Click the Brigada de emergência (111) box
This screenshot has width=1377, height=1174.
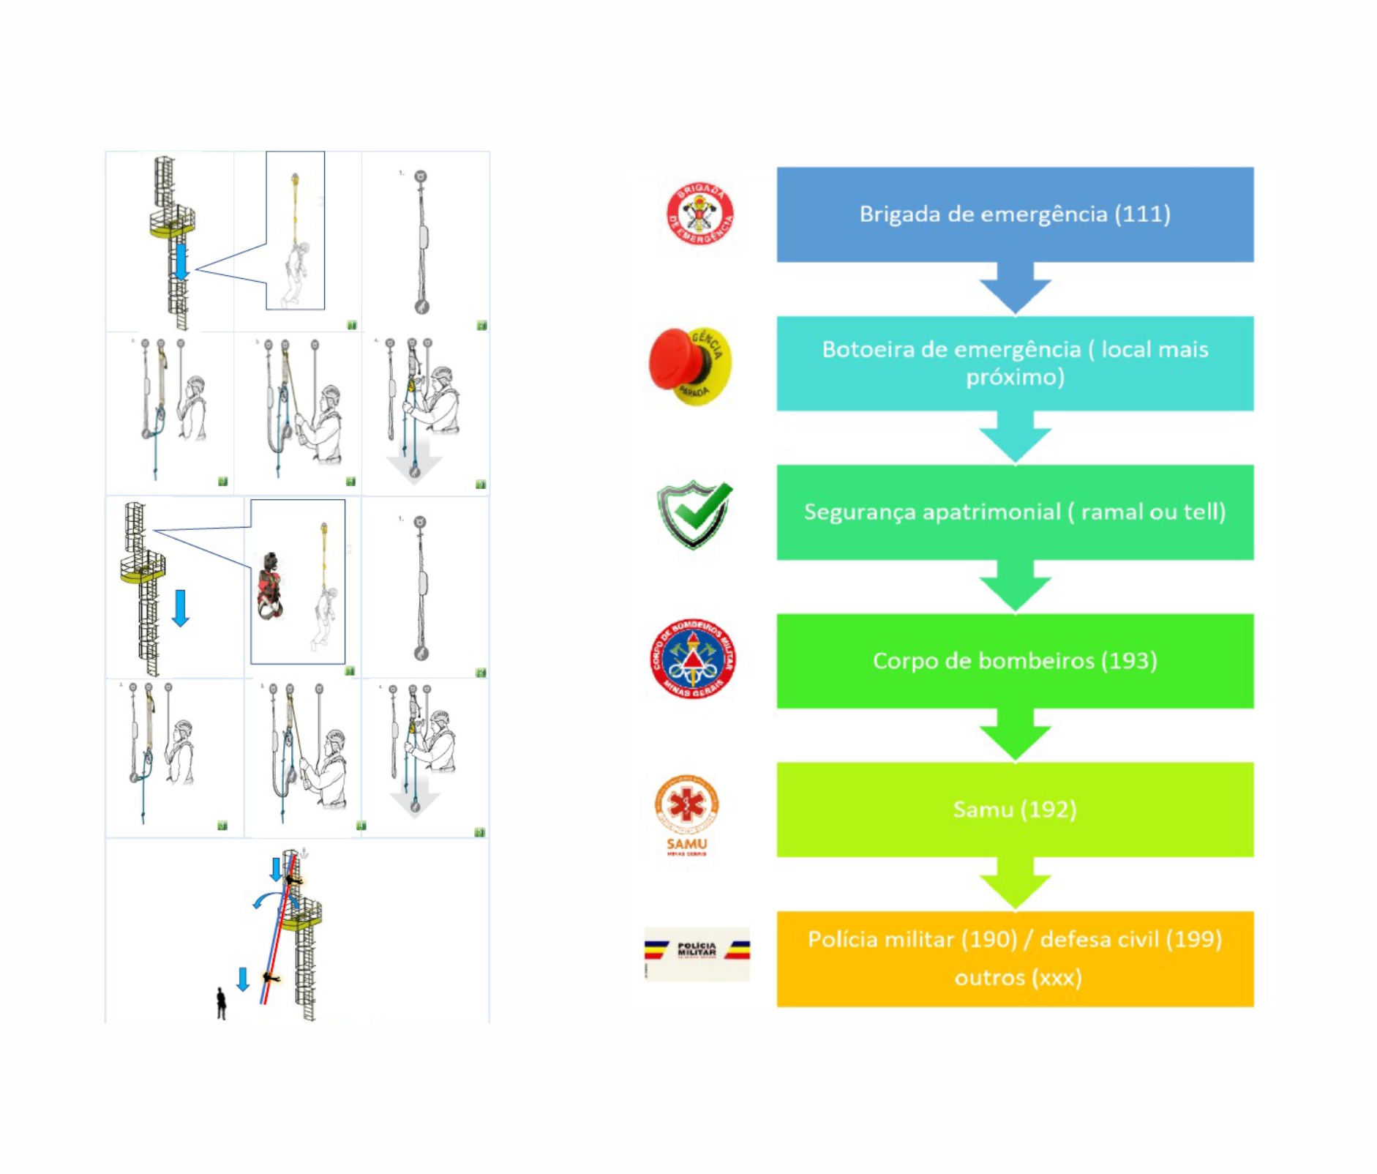[1014, 214]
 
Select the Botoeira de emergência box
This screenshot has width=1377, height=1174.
[1014, 363]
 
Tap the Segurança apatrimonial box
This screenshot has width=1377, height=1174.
[1014, 512]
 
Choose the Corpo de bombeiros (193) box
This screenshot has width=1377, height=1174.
[1014, 660]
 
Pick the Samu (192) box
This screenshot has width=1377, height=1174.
[1014, 809]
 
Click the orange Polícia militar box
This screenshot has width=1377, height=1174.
[1014, 958]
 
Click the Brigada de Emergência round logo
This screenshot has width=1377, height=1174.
[699, 214]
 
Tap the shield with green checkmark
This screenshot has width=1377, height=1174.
[694, 514]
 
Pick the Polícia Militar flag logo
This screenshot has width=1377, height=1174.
[697, 952]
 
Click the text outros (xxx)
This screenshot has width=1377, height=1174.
[1017, 978]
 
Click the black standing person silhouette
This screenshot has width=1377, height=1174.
[221, 1003]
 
